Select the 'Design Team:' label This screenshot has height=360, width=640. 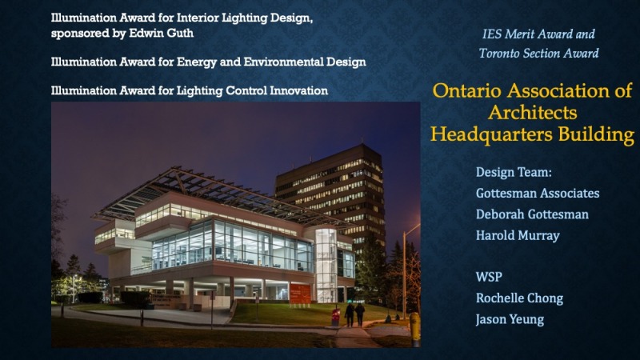click(x=514, y=172)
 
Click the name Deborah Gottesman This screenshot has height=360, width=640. click(x=532, y=214)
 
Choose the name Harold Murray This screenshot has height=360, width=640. click(x=518, y=235)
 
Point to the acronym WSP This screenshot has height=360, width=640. click(x=489, y=277)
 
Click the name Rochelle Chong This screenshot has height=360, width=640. click(x=519, y=298)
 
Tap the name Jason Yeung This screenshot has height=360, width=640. click(x=510, y=319)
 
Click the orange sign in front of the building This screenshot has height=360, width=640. click(x=300, y=294)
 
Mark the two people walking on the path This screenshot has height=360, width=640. click(x=354, y=314)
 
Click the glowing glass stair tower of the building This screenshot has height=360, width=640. click(x=326, y=266)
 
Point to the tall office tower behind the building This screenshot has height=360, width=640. click(x=330, y=192)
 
